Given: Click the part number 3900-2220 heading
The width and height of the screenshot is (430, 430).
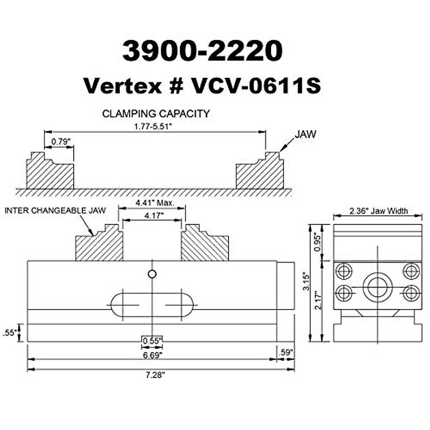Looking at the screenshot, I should tap(202, 51).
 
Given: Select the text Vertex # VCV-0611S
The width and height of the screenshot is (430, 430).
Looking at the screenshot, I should tap(202, 86).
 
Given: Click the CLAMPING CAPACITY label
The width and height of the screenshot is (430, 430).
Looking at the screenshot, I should tap(156, 114).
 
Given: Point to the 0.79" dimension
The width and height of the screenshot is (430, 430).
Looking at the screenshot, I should tap(59, 142).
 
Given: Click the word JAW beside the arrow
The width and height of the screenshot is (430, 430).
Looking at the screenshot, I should tap(305, 134).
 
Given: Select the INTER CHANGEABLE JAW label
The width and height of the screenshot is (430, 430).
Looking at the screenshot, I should tap(55, 210).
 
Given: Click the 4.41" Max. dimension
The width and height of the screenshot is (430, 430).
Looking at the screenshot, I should tap(155, 203).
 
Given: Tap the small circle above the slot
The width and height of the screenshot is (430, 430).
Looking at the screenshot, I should tap(152, 274).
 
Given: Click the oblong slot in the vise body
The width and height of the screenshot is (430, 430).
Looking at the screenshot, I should tap(152, 305).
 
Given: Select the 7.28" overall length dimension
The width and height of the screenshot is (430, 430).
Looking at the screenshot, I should tap(155, 375).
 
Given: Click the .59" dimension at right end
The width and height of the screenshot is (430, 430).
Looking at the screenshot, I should tap(286, 352).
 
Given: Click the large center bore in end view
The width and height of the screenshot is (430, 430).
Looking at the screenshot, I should tap(377, 287).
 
